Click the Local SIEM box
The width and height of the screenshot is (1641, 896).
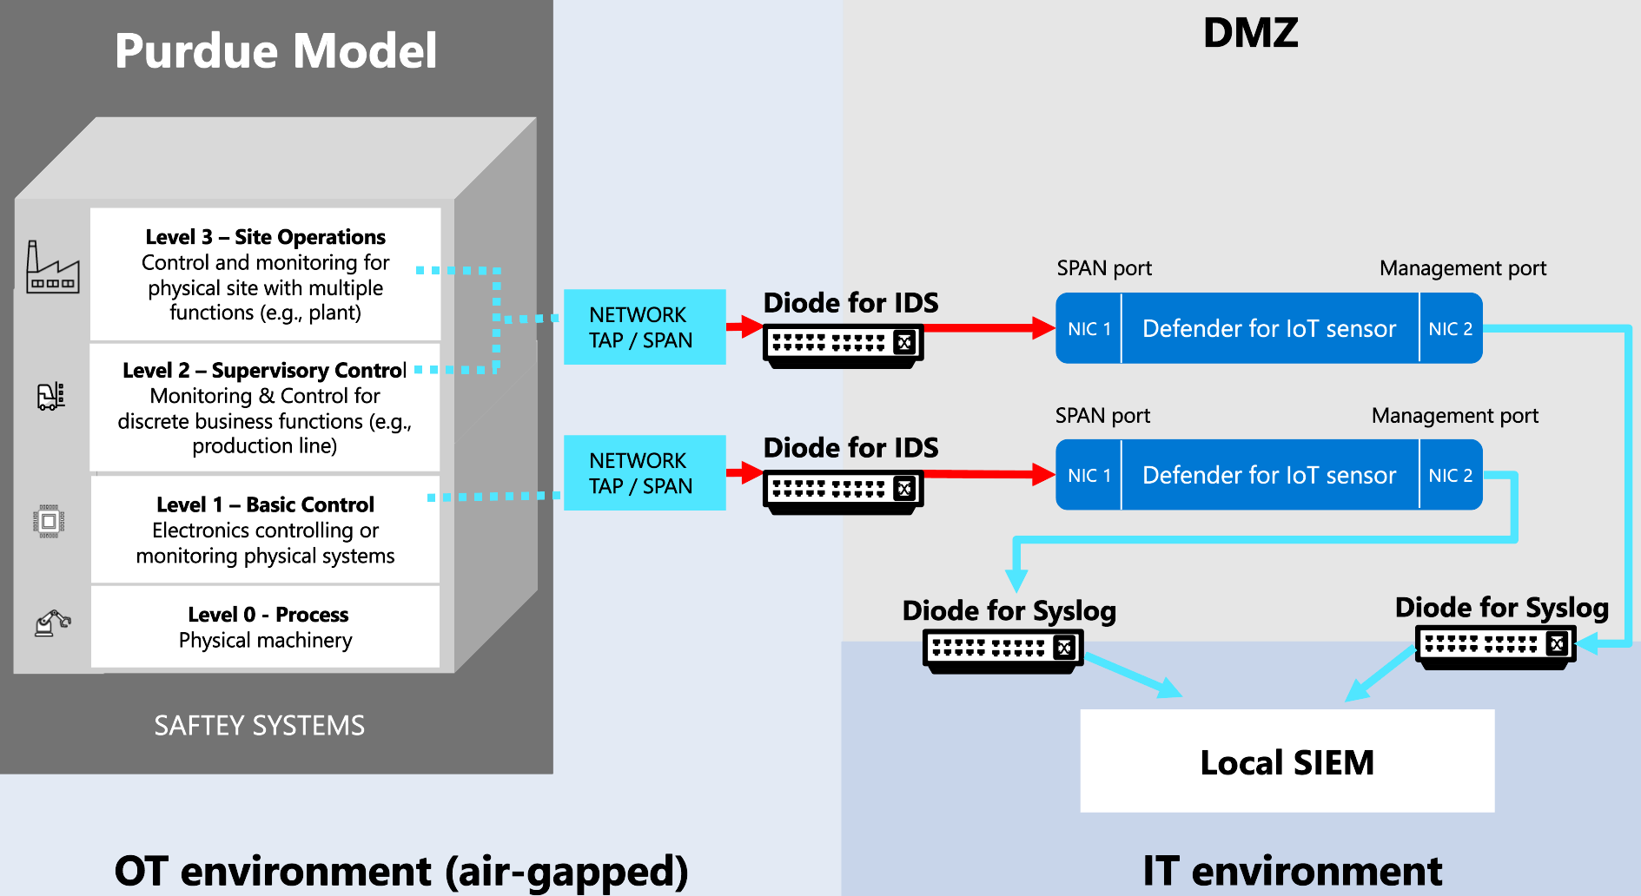click(1287, 761)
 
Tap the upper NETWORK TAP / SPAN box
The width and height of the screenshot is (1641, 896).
click(644, 326)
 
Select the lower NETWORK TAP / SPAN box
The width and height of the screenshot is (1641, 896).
click(644, 472)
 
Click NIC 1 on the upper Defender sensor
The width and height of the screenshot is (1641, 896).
click(1088, 329)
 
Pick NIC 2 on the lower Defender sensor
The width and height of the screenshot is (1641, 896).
click(1451, 476)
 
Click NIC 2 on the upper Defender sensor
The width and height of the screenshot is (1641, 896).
click(1451, 329)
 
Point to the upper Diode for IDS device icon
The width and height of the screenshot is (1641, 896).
click(843, 345)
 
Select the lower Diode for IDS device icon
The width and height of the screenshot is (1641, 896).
click(843, 491)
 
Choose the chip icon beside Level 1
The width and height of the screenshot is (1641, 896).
click(50, 522)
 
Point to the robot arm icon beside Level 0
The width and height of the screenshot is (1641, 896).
click(52, 623)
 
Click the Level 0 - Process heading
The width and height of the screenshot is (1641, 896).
click(268, 615)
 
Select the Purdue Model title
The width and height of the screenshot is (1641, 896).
click(275, 50)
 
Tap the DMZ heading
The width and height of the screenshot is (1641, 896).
click(1250, 33)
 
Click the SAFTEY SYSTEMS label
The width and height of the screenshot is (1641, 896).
click(259, 725)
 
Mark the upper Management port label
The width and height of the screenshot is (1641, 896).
click(1462, 268)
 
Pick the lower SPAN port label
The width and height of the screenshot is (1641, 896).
click(1102, 416)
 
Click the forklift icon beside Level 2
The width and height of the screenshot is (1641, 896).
click(50, 396)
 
